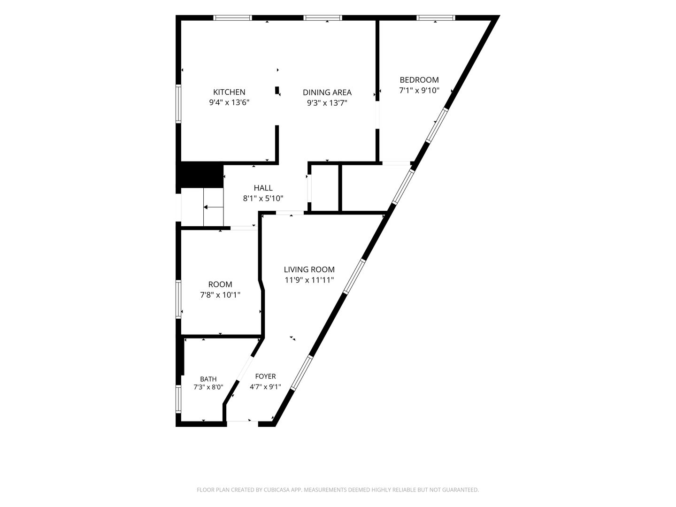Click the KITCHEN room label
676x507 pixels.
coord(229,92)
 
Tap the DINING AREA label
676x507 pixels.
coord(327,92)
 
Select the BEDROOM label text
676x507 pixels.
coord(419,80)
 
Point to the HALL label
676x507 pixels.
coord(263,188)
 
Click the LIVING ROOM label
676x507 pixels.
coord(309,269)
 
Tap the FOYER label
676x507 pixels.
coord(266,376)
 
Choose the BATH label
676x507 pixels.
coord(208,379)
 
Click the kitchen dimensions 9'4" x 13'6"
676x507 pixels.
coord(229,102)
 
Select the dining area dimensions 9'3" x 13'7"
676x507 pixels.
coord(327,103)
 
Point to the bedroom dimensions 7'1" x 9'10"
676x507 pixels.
coord(419,91)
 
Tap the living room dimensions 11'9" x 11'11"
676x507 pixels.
coord(309,280)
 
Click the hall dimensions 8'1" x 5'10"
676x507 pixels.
coord(263,199)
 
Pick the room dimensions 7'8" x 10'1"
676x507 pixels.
coord(220,295)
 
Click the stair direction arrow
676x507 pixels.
coord(214,207)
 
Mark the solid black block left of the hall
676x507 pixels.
coord(200,175)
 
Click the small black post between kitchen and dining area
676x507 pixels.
coord(277,90)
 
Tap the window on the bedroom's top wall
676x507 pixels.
coord(436,18)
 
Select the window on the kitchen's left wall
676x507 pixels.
coord(178,104)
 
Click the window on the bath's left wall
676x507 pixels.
coord(178,399)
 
